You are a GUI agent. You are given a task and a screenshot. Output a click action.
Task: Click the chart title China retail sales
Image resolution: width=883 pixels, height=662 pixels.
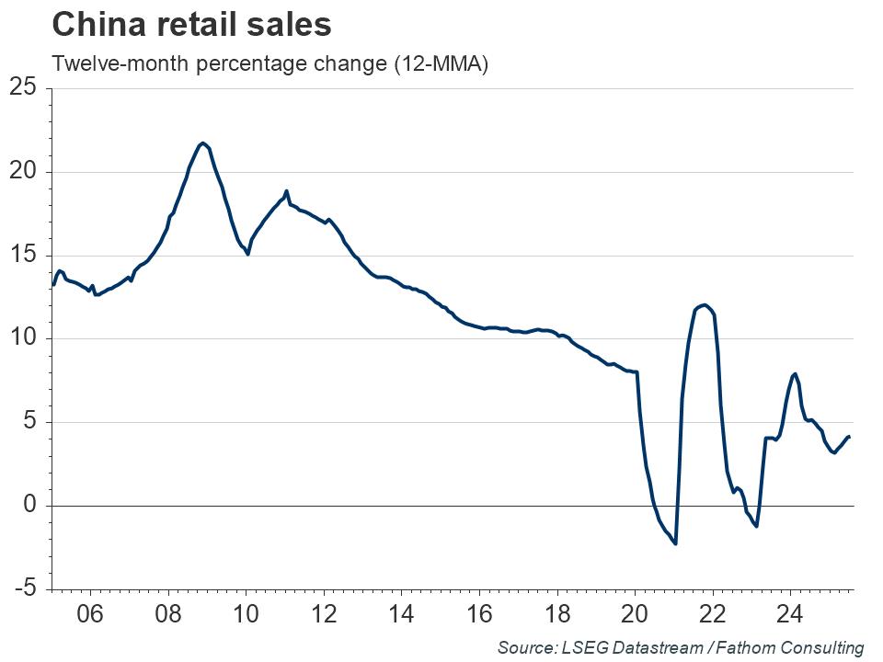(x=192, y=26)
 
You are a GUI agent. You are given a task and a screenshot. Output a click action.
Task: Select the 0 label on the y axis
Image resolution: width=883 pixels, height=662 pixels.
(x=30, y=506)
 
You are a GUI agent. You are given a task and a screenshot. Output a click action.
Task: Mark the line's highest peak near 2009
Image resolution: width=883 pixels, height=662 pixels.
(x=203, y=143)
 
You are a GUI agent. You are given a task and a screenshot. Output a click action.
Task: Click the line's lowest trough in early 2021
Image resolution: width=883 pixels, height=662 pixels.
(x=675, y=543)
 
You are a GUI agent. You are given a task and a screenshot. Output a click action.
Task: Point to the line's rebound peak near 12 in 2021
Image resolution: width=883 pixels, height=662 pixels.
(x=704, y=304)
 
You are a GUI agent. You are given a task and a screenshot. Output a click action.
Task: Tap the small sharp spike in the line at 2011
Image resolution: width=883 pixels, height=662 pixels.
(x=286, y=191)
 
